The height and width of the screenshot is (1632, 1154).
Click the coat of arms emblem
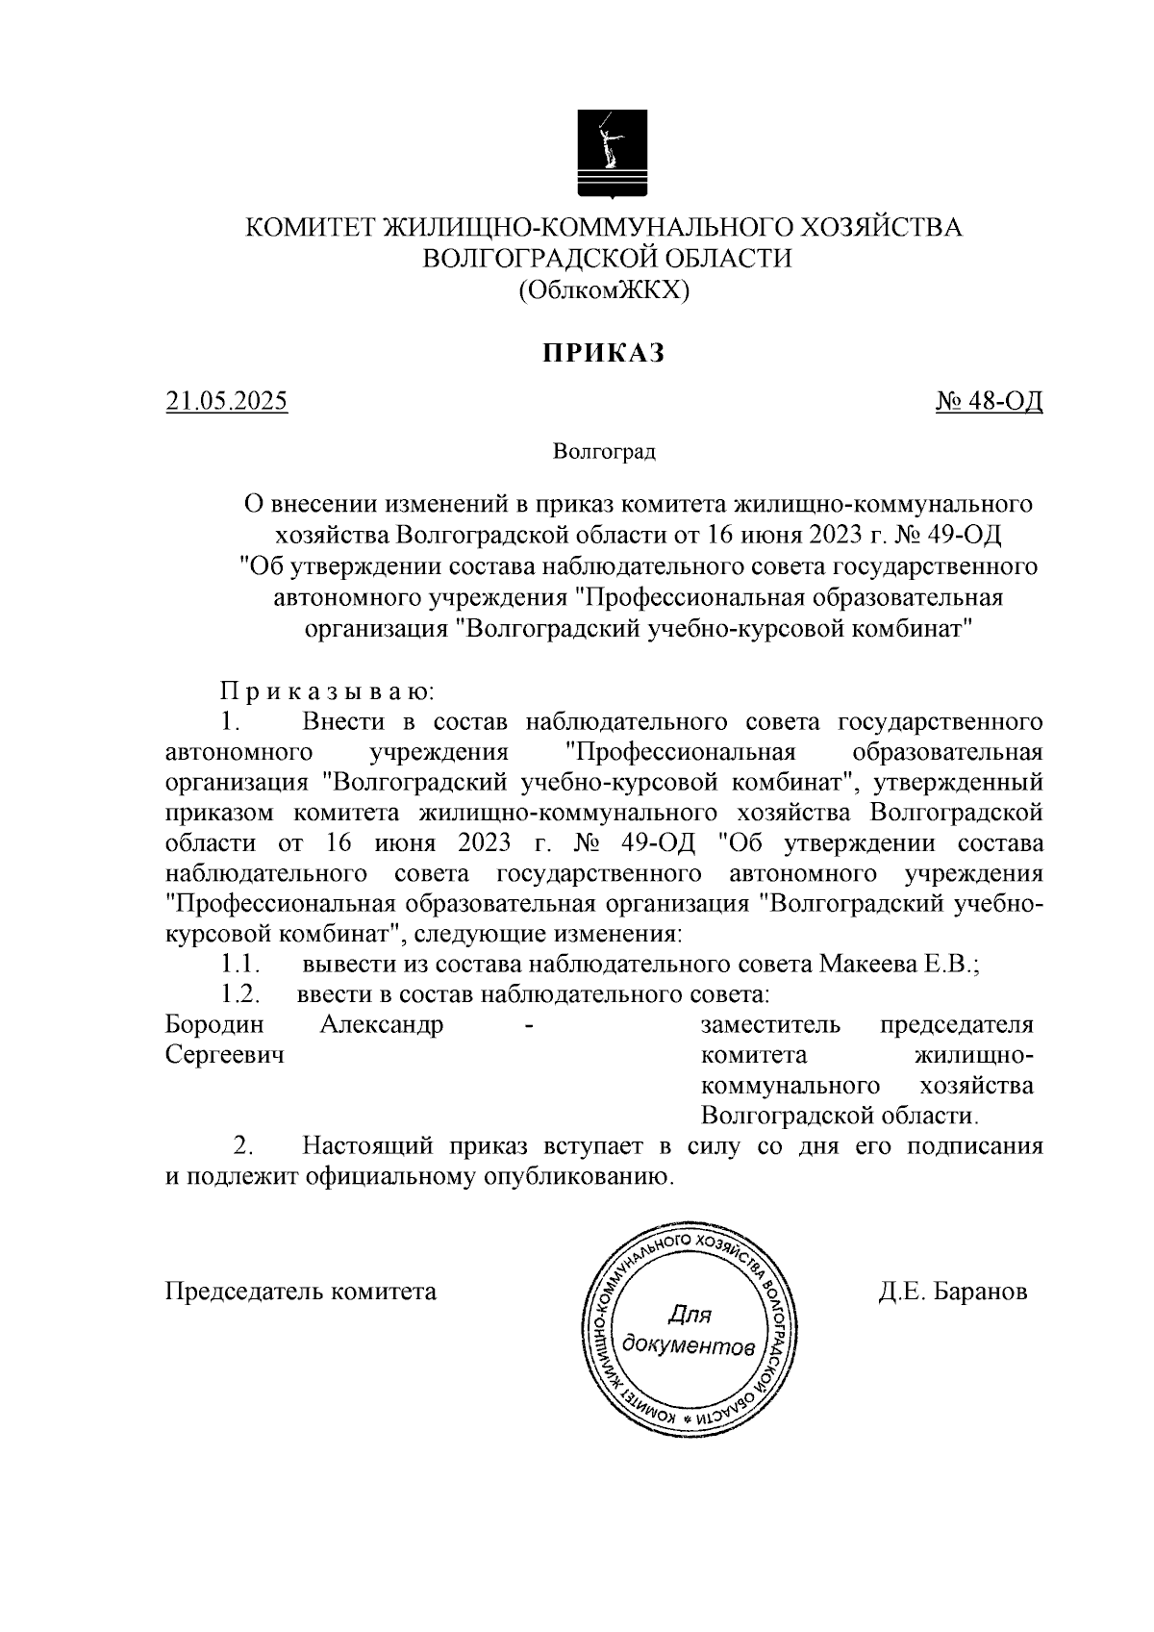(612, 152)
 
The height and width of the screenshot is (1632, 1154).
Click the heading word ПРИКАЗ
(605, 354)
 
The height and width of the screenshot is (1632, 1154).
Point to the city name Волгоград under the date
(604, 451)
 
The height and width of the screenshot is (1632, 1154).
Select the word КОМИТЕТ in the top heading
(313, 228)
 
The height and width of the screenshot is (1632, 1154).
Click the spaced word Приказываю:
(328, 691)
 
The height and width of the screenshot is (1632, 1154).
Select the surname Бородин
(214, 1024)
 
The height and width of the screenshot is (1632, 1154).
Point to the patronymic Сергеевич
(225, 1055)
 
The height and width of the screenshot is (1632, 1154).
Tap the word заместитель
(771, 1024)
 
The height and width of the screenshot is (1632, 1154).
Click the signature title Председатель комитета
(301, 1292)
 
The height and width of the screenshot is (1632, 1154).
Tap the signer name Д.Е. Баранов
(952, 1292)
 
